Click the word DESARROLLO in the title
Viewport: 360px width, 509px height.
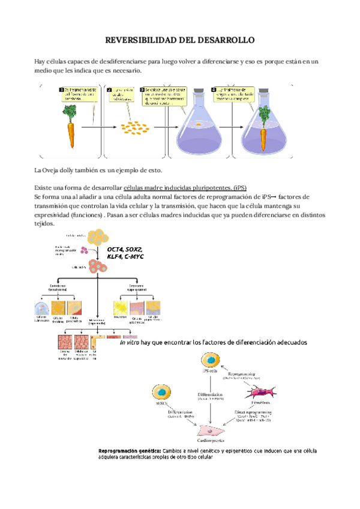click(224, 40)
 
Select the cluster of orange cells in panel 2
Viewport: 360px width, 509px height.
click(134, 128)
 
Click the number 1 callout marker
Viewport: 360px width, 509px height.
click(62, 90)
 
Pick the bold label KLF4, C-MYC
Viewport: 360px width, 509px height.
click(125, 256)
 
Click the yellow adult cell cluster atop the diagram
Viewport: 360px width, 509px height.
click(98, 238)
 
